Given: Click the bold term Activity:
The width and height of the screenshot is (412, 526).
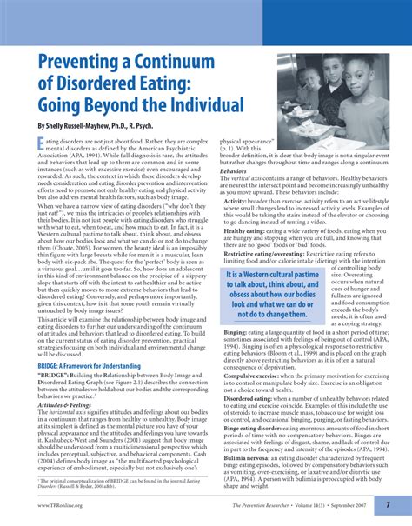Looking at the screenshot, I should click(236, 200).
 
